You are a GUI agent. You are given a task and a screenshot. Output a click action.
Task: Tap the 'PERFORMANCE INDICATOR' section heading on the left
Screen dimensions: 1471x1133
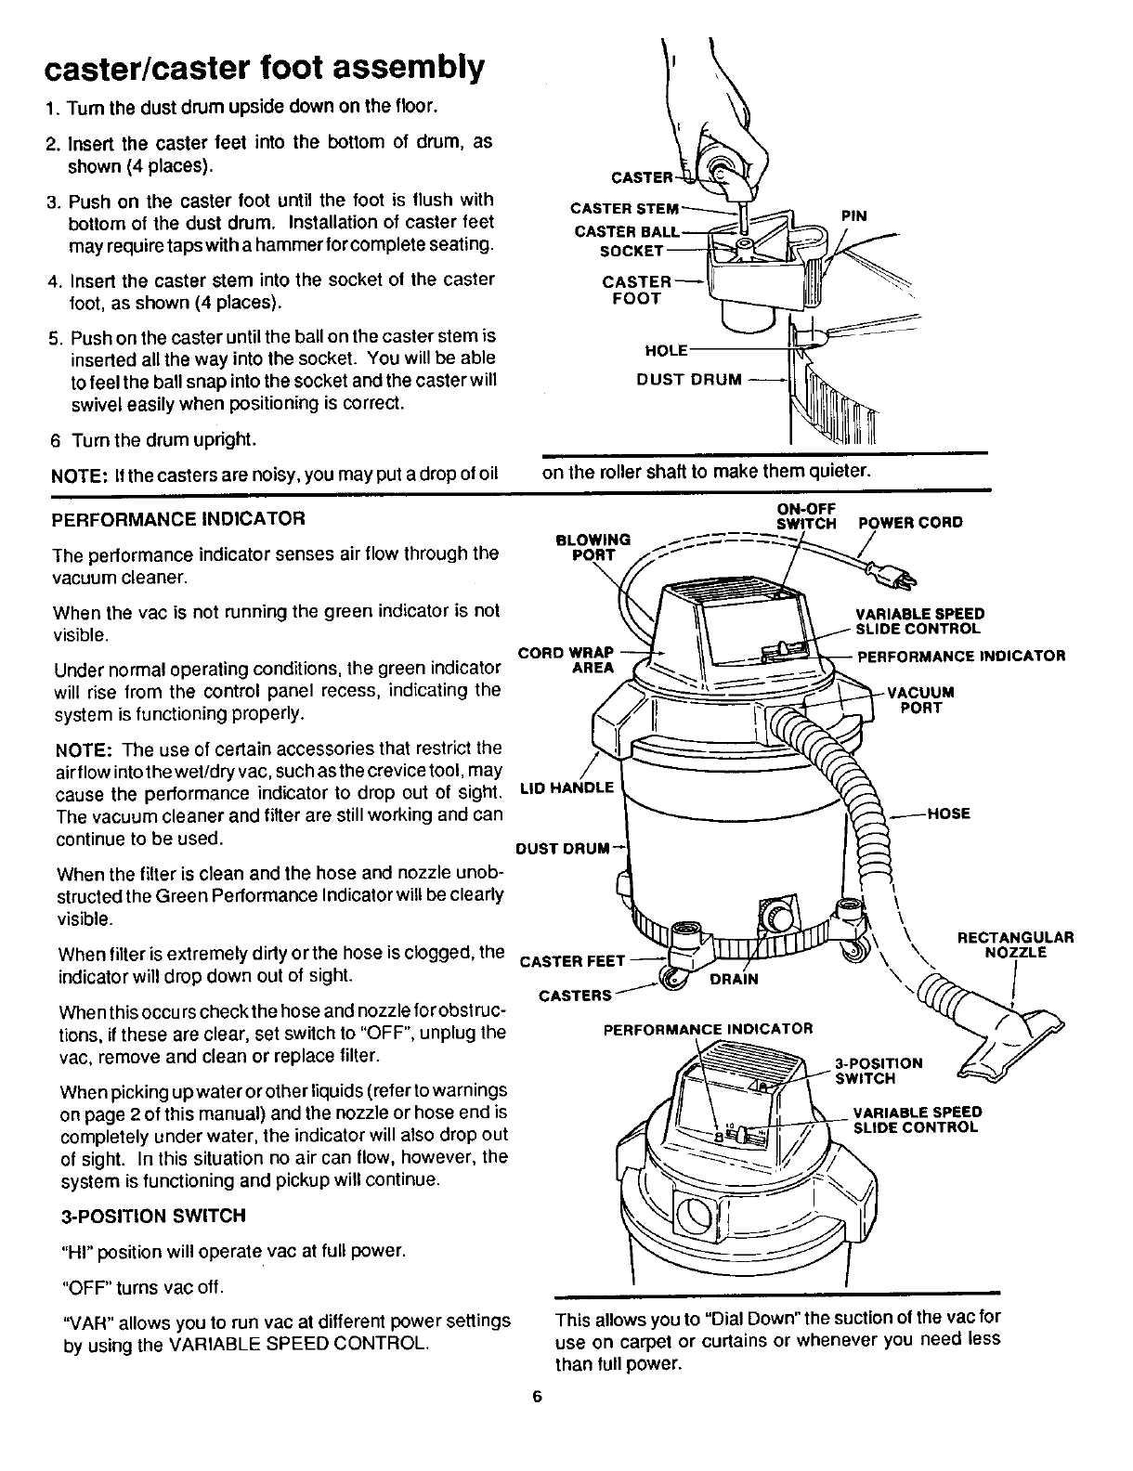click(179, 517)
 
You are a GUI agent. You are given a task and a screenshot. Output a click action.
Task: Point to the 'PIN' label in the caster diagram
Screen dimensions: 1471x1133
click(853, 215)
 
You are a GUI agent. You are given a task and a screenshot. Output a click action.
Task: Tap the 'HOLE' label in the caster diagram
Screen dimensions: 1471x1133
click(666, 350)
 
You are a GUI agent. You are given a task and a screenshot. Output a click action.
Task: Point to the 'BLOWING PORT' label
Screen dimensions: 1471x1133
click(593, 547)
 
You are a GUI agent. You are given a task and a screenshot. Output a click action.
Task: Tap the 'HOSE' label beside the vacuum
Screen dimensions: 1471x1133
click(948, 814)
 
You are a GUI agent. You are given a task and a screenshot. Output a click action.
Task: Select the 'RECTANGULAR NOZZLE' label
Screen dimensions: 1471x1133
click(1015, 944)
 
